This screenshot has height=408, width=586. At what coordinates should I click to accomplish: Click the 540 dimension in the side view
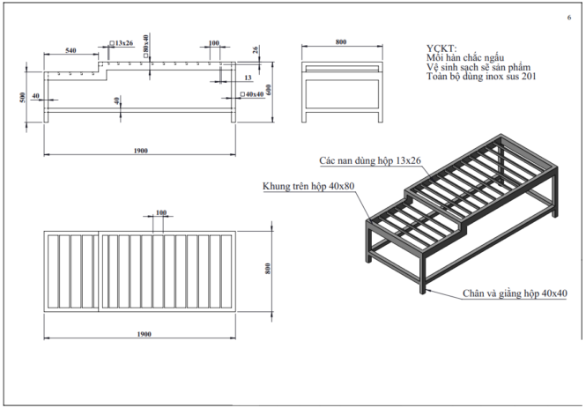pos(70,51)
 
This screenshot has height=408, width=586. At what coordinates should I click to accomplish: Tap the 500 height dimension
pos(22,96)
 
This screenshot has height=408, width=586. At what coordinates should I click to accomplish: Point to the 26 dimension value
pos(255,49)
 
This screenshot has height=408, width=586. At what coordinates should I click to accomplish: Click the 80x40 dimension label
pos(145,44)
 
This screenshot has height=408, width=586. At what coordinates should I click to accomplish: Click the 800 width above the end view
pos(341,41)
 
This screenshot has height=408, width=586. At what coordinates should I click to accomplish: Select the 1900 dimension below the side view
pos(140,151)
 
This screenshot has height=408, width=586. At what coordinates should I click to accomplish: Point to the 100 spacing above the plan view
pos(160,212)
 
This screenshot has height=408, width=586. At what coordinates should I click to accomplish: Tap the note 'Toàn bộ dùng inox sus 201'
pos(481,77)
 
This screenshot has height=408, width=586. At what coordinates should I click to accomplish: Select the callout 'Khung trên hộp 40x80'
pos(308,187)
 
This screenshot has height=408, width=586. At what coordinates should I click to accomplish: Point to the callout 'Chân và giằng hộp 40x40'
pos(514,293)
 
